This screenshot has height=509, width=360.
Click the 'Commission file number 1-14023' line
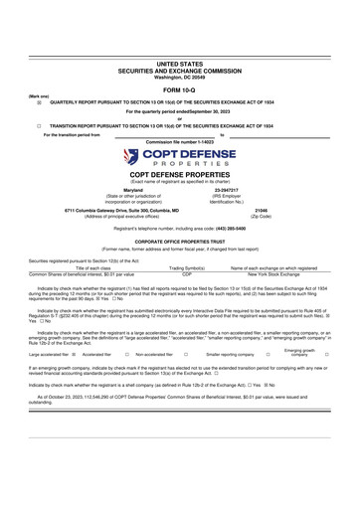[x=179, y=141]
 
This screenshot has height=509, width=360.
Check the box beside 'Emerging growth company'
[x=327, y=380]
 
